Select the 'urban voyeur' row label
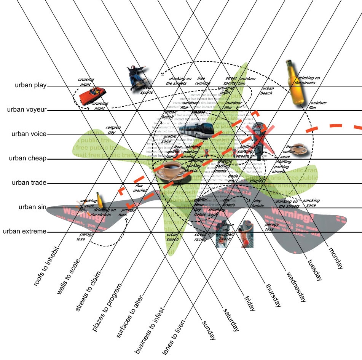(x=26, y=110)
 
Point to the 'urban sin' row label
(x=32, y=207)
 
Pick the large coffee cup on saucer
(x=170, y=172)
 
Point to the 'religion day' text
(x=113, y=130)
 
